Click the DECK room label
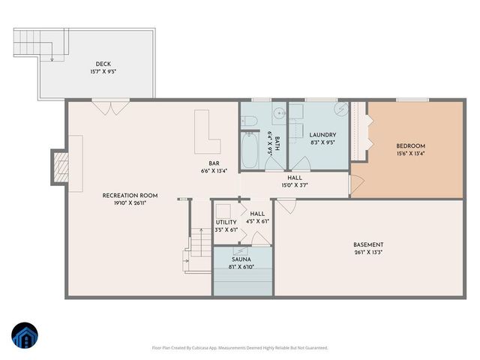[102, 64]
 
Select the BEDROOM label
[410, 145]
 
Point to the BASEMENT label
[368, 244]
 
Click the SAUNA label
[241, 259]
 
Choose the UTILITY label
[226, 222]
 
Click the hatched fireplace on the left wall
[59, 166]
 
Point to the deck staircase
[34, 45]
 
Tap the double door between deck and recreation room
[104, 106]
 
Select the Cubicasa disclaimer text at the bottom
[239, 348]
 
